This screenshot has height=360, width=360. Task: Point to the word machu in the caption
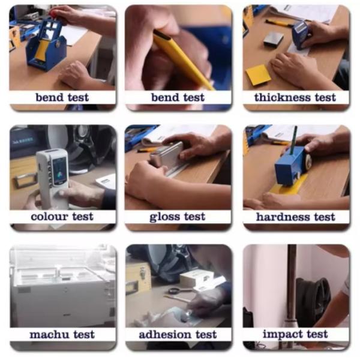tap(49, 335)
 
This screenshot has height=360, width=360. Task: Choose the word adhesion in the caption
tap(165, 334)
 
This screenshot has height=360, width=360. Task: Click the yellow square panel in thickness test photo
tap(258, 75)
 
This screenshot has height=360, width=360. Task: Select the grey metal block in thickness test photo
tap(273, 40)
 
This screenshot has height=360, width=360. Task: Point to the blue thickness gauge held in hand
tap(300, 34)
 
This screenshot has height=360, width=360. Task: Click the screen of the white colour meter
tap(59, 171)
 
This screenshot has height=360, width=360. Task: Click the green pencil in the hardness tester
tap(293, 140)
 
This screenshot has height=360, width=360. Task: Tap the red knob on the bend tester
tap(54, 13)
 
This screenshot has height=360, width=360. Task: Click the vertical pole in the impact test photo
tap(292, 287)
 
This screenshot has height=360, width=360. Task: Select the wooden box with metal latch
tap(139, 278)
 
